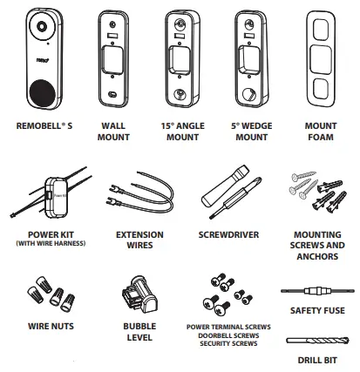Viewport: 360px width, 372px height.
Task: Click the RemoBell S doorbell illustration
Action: pos(44,62)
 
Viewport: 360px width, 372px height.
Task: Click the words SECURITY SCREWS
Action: pos(228,344)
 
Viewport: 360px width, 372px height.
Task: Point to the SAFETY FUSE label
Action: pos(313,310)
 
